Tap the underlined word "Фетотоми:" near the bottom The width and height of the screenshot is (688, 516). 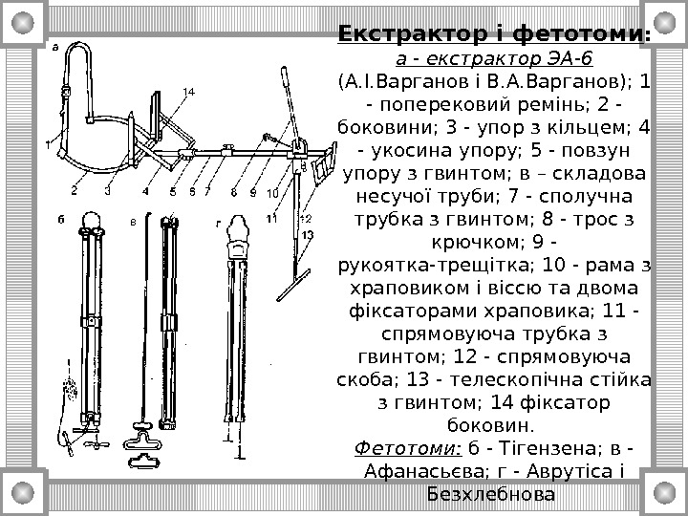[407, 446]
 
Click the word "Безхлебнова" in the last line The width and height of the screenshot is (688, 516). [492, 496]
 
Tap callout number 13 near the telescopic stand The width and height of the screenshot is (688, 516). [307, 234]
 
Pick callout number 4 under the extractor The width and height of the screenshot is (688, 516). [146, 190]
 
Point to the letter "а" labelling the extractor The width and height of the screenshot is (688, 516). [54, 45]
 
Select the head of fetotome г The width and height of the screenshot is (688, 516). [239, 229]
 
